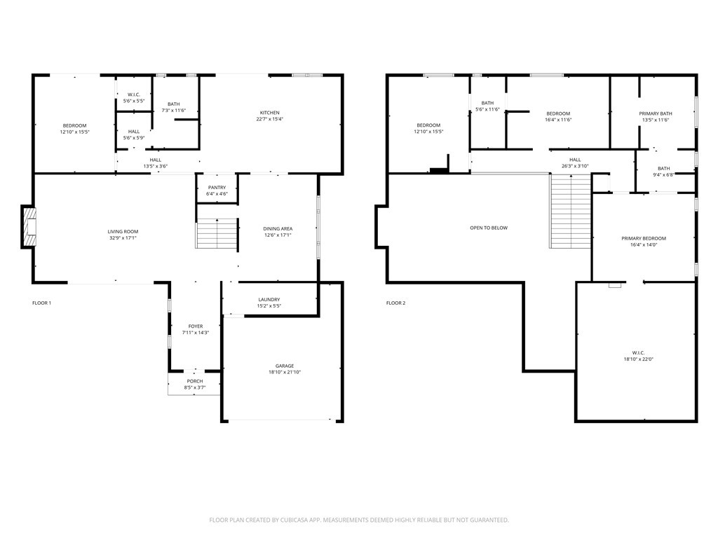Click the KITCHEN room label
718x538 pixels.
[x=270, y=113]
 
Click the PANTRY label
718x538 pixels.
[x=217, y=188]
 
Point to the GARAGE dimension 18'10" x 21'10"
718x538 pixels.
[x=285, y=372]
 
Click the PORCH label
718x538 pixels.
[x=195, y=381]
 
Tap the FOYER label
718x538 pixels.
[x=196, y=326]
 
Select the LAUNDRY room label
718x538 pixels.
[x=269, y=300]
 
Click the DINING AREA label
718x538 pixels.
[x=278, y=229]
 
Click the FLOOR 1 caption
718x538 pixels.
[x=42, y=303]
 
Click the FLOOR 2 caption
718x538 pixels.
[x=396, y=303]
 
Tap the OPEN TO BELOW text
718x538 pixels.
[x=489, y=228]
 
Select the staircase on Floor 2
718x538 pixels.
[x=570, y=212]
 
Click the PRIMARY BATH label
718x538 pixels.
[x=656, y=113]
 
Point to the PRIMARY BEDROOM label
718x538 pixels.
[x=644, y=239]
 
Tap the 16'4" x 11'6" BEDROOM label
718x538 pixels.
[x=558, y=113]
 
